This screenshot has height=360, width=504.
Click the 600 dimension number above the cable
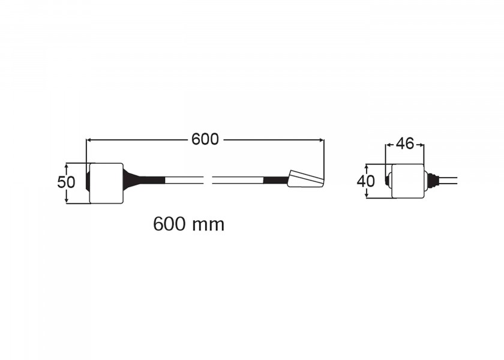tap(205, 139)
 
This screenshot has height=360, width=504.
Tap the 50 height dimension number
tap(66, 182)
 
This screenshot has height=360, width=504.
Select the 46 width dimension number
tap(405, 143)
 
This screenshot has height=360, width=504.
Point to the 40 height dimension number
tap(366, 182)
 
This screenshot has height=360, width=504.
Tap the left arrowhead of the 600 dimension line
tap(89, 140)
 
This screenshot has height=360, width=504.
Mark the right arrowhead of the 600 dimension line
tap(321, 140)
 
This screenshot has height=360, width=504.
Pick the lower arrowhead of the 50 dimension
tap(67, 200)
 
